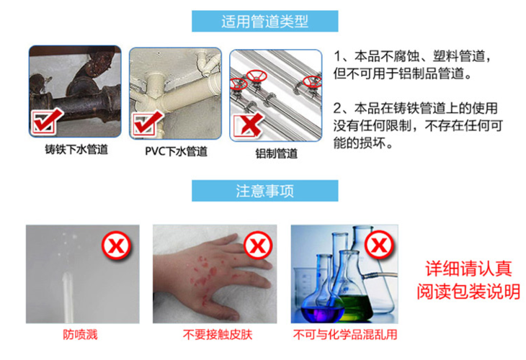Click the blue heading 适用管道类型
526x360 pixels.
tap(264, 22)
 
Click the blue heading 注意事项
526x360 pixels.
tap(264, 191)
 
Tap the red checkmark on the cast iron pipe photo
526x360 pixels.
tap(46, 120)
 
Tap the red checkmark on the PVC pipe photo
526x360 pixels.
tap(148, 122)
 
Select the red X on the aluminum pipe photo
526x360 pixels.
tap(249, 125)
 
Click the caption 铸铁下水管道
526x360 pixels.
tap(76, 149)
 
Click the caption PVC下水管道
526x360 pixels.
tap(176, 151)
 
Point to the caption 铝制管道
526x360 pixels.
tap(277, 153)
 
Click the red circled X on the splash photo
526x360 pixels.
tap(116, 246)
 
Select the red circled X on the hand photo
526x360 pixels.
tap(258, 246)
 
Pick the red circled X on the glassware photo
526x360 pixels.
tap(379, 244)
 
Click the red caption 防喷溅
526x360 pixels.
tap(80, 335)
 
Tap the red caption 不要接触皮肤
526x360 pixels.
tap(218, 335)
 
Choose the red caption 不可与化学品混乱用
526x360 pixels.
tap(345, 335)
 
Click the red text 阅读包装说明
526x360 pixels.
tap(468, 292)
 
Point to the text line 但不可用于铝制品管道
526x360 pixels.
tap(402, 73)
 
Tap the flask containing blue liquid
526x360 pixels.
tap(321, 302)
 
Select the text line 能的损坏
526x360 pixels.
tap(362, 143)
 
